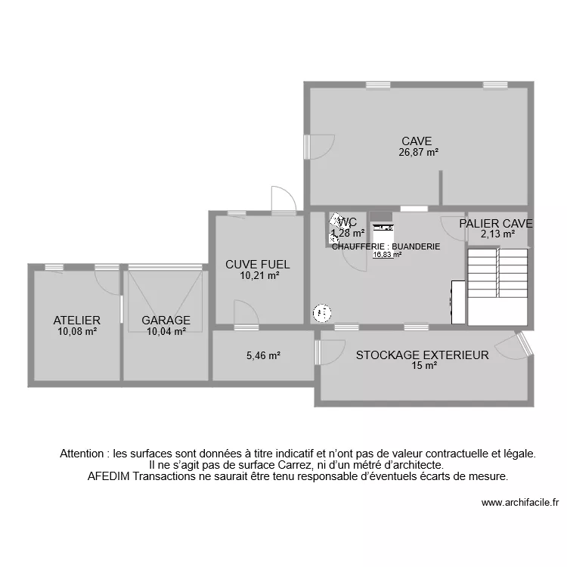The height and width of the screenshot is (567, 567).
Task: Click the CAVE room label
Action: point(417,141)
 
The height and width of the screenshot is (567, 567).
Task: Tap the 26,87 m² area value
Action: point(419,152)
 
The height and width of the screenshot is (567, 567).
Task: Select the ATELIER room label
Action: point(77,320)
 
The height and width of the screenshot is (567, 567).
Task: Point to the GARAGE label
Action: point(166,320)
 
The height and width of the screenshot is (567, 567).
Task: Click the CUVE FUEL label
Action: point(258,265)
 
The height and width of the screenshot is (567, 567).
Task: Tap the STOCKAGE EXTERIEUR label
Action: point(423,355)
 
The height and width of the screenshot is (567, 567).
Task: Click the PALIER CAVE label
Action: point(496,224)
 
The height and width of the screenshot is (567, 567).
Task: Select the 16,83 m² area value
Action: point(387,255)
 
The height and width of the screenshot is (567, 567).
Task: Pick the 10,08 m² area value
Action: point(77,330)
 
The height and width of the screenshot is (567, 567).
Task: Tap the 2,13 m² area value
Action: point(497,234)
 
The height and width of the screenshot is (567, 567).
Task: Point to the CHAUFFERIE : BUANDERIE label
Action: point(386,246)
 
